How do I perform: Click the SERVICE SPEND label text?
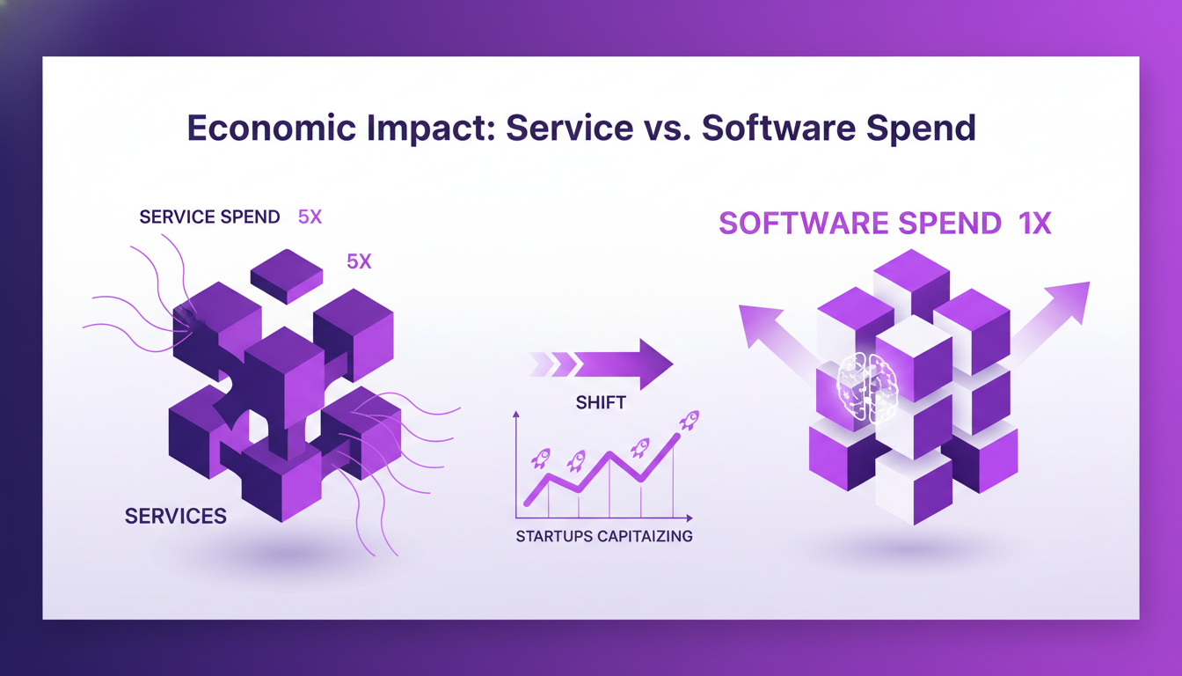209,217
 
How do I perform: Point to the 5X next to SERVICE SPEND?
310,217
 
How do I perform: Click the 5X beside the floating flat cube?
359,261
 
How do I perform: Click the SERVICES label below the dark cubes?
176,516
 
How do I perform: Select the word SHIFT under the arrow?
601,402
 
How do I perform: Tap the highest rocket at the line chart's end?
689,420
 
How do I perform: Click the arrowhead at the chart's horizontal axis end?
689,518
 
